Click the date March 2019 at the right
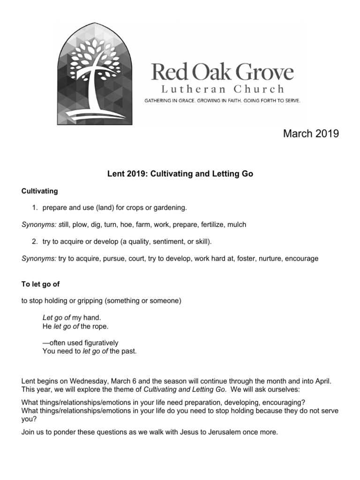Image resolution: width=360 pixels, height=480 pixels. (311, 134)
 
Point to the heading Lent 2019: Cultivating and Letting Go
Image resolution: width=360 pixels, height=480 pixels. (180, 174)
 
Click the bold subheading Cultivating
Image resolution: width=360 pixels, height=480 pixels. (39, 191)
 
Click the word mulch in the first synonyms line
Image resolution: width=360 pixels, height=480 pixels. (236, 225)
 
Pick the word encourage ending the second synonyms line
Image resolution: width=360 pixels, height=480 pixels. (302, 258)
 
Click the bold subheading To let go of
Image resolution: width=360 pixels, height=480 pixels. (41, 285)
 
